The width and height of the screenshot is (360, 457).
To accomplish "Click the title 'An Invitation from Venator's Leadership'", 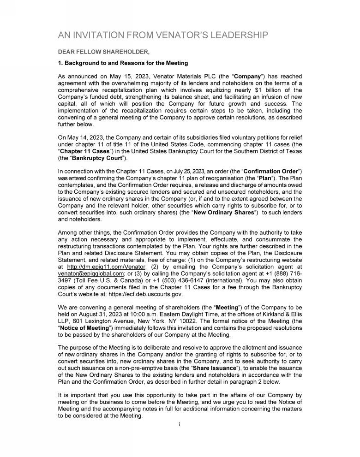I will [x=162, y=36].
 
